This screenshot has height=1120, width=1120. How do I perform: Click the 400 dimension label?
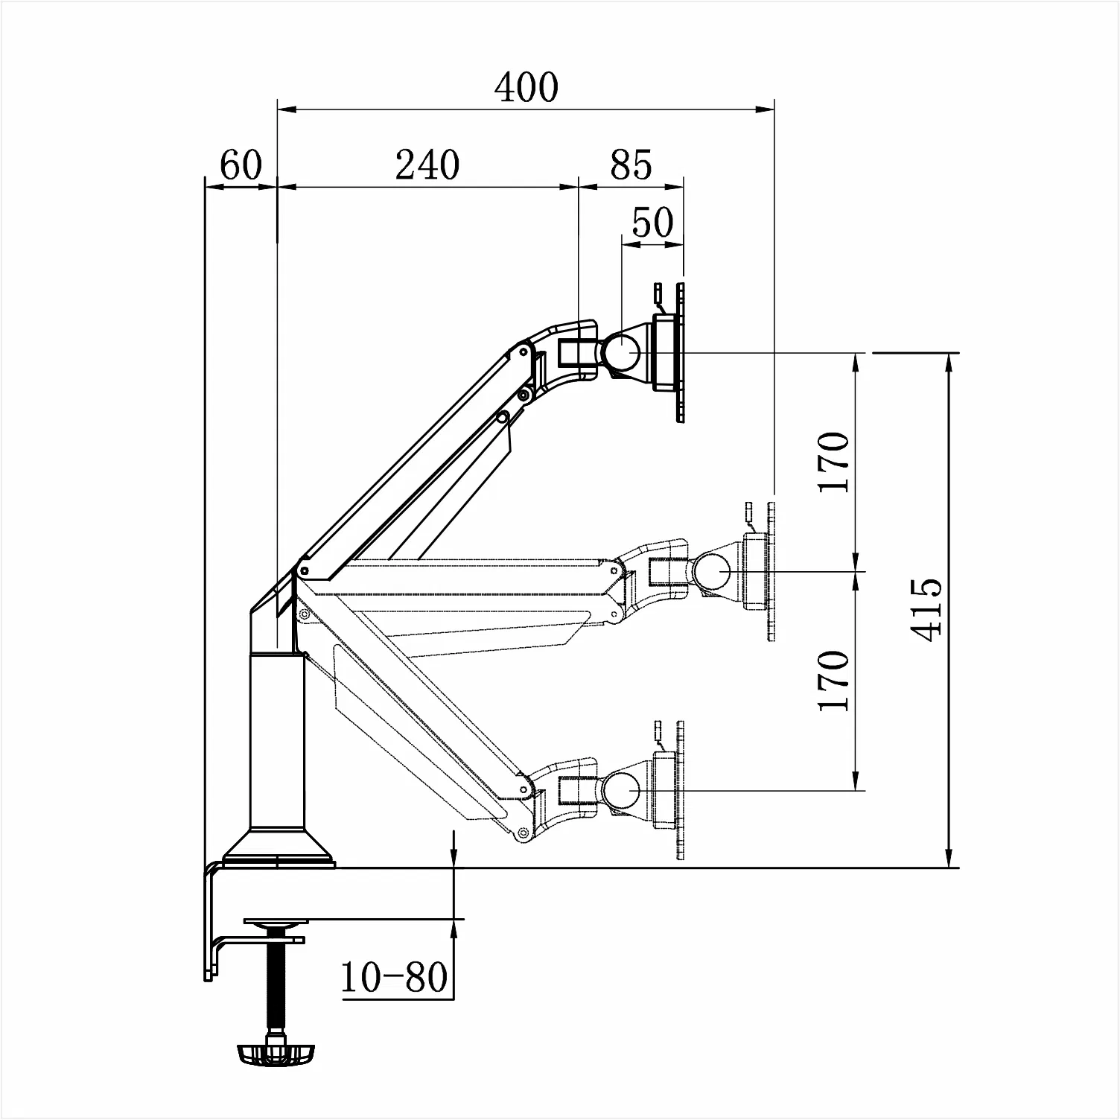point(526,87)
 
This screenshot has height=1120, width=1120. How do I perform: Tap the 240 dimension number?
point(427,165)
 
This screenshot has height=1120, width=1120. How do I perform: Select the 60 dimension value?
point(241,165)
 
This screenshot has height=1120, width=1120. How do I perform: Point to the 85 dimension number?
point(631,165)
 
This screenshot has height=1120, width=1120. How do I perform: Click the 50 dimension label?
point(652,222)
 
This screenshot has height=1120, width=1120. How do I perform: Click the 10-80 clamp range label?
point(395,977)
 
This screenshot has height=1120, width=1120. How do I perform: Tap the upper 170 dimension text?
point(833,462)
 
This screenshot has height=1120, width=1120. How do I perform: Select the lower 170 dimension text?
point(833,681)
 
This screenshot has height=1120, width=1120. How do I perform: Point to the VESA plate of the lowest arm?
point(680,790)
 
